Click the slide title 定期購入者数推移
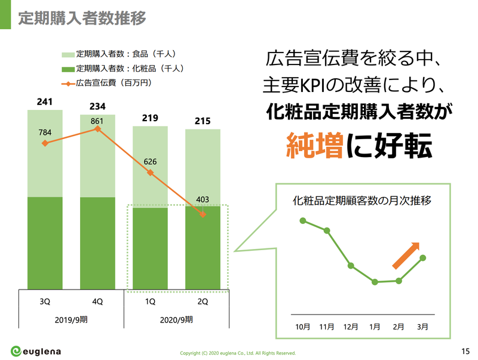82,17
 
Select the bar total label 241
45,101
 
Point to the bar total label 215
203,122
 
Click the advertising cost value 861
97,121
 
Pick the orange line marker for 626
151,173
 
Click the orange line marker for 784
45,143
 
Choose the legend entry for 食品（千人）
117,54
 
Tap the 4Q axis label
97,301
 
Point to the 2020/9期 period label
176,319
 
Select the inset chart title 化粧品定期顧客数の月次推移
362,200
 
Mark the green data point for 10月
303,221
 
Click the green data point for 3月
423,258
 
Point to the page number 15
465,350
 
